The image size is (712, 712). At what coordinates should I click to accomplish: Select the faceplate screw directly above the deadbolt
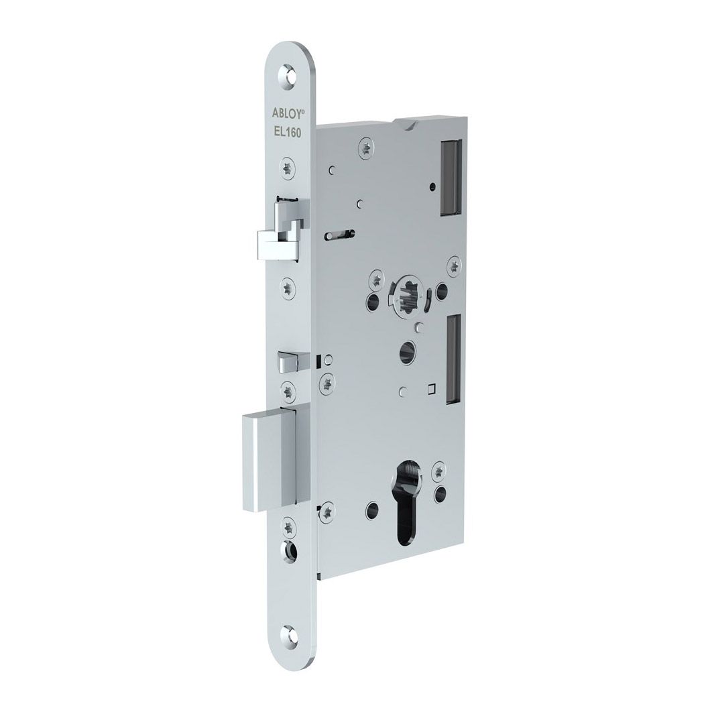click(x=288, y=389)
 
